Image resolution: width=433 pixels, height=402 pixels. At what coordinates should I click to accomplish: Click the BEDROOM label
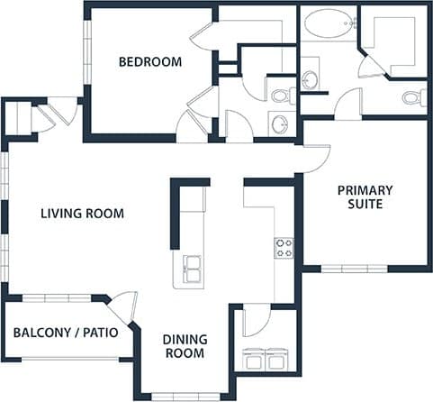150,62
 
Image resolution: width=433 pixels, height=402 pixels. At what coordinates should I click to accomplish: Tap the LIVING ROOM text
82,214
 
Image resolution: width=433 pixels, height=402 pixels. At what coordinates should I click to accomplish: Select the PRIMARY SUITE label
365,196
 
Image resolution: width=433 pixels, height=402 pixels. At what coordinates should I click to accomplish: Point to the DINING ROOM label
184,346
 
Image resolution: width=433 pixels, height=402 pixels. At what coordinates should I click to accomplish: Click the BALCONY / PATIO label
66,333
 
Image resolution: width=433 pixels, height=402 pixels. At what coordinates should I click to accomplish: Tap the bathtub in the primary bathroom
329,24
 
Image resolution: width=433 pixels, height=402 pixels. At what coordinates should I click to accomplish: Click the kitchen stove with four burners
284,248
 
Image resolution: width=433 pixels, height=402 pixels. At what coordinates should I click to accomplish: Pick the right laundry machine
276,359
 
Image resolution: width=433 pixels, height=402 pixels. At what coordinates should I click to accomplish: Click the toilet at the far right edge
414,97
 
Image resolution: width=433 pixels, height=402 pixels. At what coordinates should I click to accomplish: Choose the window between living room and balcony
56,297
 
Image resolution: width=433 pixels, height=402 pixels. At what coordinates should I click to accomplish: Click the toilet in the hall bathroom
279,95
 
